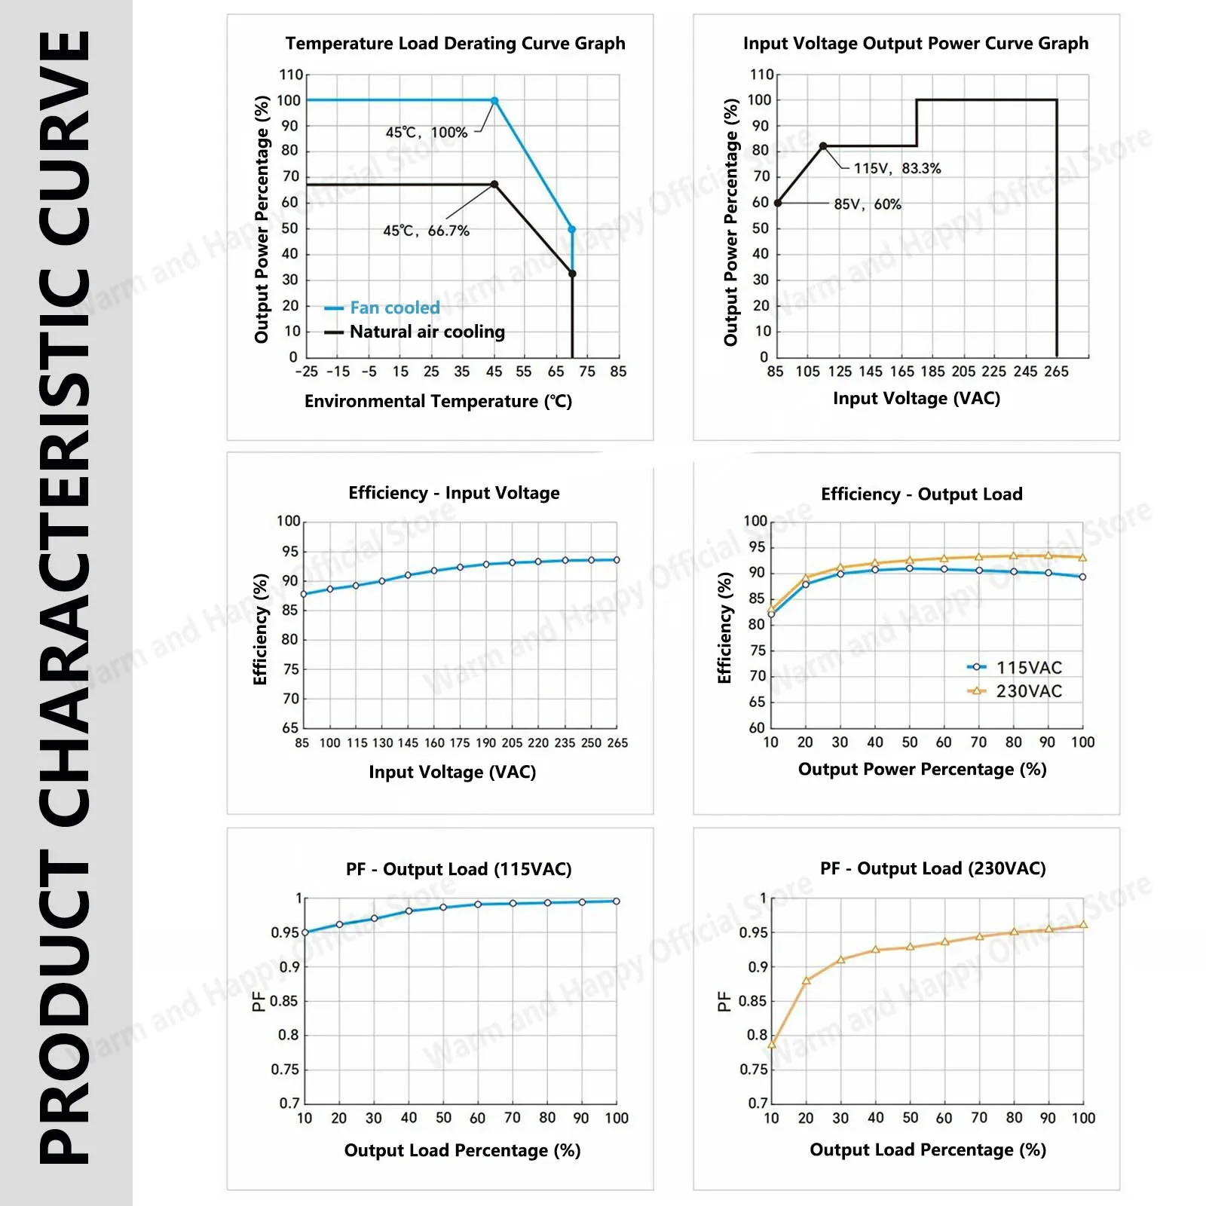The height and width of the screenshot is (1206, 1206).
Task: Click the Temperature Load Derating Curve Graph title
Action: pos(455,44)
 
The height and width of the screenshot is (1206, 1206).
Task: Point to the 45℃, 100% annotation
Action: pos(427,133)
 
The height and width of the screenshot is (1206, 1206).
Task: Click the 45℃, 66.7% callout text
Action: pos(426,231)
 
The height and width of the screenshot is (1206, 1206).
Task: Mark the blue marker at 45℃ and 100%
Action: pos(494,100)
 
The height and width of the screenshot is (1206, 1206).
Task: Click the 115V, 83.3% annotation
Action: pos(897,168)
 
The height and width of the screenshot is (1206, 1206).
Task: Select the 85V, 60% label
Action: pos(868,204)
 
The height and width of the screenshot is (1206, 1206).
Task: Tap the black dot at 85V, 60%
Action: pos(778,203)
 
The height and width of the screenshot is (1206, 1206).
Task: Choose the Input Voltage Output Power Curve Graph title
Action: pos(916,44)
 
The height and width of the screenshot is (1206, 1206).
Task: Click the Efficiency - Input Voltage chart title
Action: pos(454,493)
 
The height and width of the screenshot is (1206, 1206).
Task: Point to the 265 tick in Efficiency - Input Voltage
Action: pos(617,743)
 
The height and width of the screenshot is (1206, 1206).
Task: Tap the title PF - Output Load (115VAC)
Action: pos(458,869)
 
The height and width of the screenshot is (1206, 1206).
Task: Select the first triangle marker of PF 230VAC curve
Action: pos(772,1045)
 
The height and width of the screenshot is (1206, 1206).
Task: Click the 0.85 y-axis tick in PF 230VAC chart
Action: pos(753,1001)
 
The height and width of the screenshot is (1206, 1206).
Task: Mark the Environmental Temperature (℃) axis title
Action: pos(438,401)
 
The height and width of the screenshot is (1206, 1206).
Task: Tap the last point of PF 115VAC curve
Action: pos(617,901)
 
